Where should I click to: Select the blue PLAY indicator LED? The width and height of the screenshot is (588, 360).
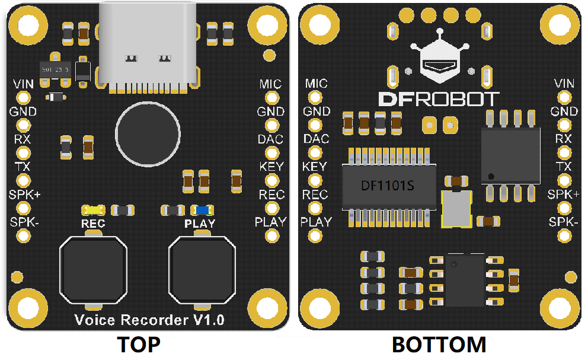click(x=202, y=210)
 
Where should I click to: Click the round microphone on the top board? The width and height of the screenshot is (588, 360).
click(x=147, y=132)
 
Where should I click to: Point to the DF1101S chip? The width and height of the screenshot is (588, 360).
click(x=388, y=186)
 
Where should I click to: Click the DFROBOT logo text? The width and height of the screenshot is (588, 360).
click(x=439, y=99)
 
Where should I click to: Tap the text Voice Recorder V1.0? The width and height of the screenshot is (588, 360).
click(x=149, y=320)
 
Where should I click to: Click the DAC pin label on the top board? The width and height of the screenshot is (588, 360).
click(x=270, y=139)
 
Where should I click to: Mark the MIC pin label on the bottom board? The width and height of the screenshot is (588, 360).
click(x=316, y=84)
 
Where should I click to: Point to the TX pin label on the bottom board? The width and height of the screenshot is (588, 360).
click(x=564, y=166)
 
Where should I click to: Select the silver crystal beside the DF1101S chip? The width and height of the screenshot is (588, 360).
click(x=456, y=209)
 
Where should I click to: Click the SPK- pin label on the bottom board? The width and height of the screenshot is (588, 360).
click(x=564, y=221)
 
